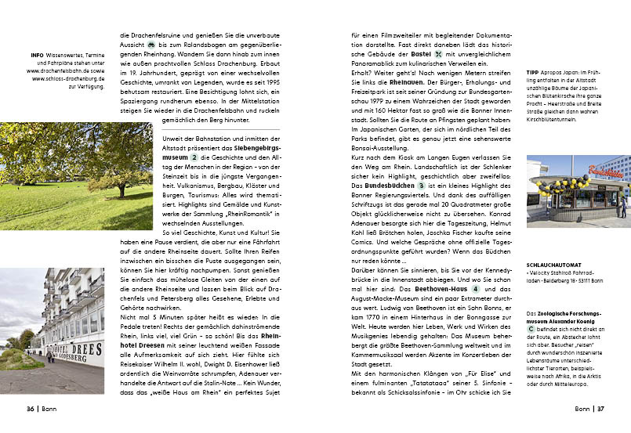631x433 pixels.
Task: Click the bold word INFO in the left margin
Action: (x=37, y=56)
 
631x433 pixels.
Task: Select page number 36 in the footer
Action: (x=31, y=408)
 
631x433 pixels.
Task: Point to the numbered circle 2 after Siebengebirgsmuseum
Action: (x=194, y=157)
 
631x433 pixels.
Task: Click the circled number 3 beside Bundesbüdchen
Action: (x=421, y=186)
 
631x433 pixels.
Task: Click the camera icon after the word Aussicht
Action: (x=151, y=45)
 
